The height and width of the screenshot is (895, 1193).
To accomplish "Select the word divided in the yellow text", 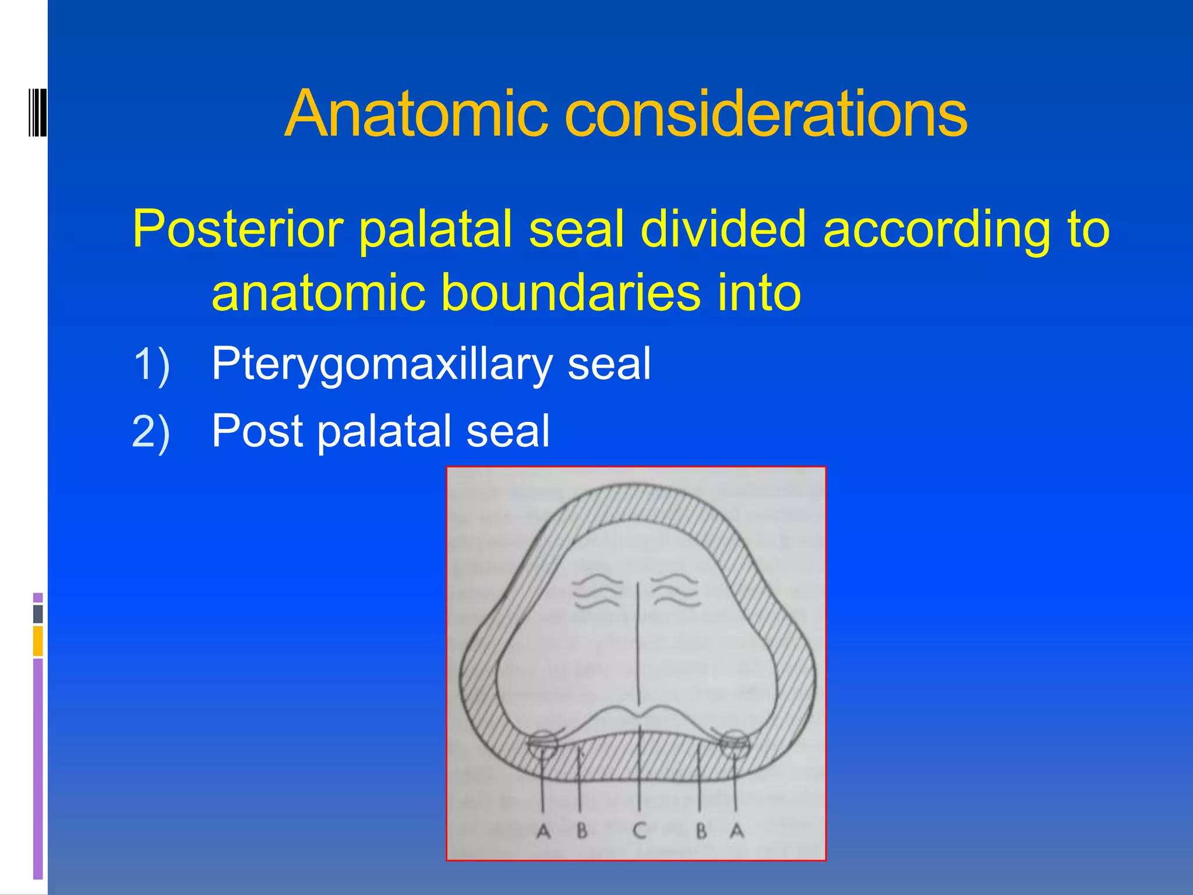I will (x=723, y=228).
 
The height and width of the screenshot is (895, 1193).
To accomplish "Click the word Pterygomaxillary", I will (x=381, y=365).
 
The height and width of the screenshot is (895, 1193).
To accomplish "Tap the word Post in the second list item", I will (x=257, y=432).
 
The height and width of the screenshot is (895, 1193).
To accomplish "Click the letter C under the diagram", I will (x=640, y=830).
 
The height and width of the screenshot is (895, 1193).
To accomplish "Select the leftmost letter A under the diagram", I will (x=543, y=831).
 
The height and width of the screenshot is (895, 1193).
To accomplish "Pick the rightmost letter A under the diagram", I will (x=737, y=830).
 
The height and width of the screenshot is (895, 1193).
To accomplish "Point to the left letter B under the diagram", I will (x=582, y=830).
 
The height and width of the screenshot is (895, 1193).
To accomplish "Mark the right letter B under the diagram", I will (x=701, y=831).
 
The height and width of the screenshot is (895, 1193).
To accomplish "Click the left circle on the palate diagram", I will (x=542, y=744).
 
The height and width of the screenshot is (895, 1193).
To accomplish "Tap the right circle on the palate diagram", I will (x=735, y=744).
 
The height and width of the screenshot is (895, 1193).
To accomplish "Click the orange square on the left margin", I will (x=38, y=641).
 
